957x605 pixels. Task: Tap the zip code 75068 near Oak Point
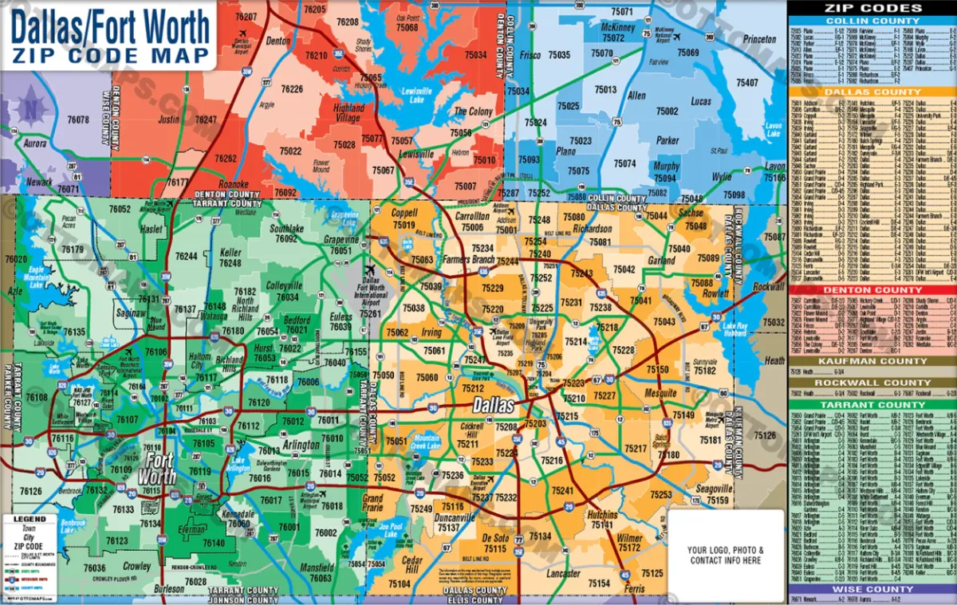(x=407, y=28)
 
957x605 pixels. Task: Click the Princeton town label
(x=758, y=39)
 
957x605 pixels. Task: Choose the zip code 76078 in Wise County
(x=78, y=120)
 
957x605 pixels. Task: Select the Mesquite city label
(x=660, y=393)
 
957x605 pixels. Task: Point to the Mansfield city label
(x=317, y=568)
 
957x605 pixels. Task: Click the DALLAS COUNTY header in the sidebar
(x=872, y=92)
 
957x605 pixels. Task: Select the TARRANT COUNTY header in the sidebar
(x=872, y=405)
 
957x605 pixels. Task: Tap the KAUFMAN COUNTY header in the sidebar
(x=872, y=361)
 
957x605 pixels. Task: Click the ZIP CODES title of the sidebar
(x=872, y=8)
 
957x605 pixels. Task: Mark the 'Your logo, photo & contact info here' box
(x=725, y=555)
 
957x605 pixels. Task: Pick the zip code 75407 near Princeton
(x=747, y=83)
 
